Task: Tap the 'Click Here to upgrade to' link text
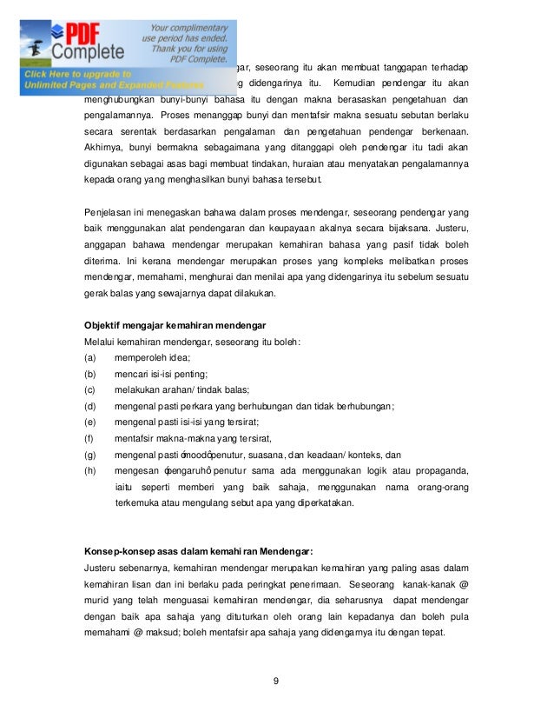(x=78, y=74)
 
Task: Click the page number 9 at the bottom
(x=276, y=680)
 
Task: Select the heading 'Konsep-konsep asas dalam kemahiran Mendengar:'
(x=198, y=551)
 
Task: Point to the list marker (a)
(x=89, y=357)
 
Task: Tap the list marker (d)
(x=89, y=405)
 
